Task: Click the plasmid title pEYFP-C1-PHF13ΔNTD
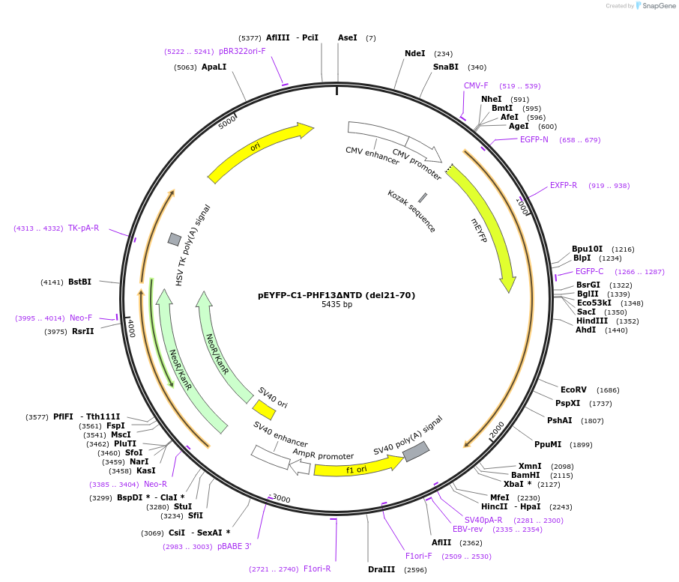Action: (x=336, y=295)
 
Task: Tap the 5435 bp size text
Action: (x=337, y=305)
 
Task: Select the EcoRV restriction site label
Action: (x=573, y=389)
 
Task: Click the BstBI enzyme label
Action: (x=79, y=282)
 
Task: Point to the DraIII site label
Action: (x=381, y=569)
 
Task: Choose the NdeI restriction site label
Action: (x=414, y=53)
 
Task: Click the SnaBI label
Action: (x=445, y=67)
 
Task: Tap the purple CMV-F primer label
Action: (x=476, y=85)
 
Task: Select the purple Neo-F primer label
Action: (x=81, y=318)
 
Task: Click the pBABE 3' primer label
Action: (x=235, y=546)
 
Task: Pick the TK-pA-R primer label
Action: (x=83, y=228)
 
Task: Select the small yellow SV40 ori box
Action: (x=264, y=410)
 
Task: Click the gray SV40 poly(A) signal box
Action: (x=416, y=451)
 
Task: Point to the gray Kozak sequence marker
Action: (x=423, y=198)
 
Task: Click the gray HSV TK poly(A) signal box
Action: (x=175, y=239)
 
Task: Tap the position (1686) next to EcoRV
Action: (x=608, y=389)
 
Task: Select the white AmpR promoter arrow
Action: (x=300, y=467)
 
